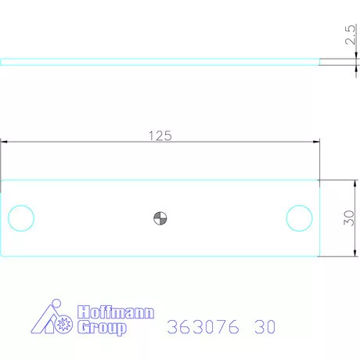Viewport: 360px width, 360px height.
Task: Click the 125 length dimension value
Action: pos(160,135)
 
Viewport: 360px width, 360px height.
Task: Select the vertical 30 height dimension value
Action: pos(350,218)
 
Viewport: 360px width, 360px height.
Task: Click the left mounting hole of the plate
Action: pos(20,218)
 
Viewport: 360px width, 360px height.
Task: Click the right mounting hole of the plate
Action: pos(299,218)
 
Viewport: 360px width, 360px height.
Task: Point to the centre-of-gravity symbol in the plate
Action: pos(160,218)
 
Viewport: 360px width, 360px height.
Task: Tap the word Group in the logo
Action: pos(101,329)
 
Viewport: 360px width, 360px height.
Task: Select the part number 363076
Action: pos(203,327)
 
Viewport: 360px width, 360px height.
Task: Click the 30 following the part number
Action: pos(265,327)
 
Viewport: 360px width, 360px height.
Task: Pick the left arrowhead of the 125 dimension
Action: pos(5,142)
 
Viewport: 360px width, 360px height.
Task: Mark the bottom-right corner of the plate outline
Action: pos(319,255)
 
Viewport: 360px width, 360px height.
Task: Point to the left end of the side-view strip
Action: pos(2,62)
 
